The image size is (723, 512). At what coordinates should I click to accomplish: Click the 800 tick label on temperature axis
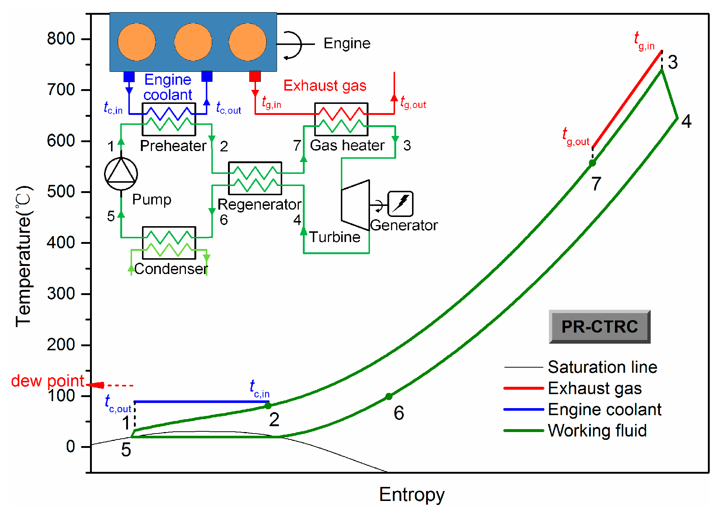[61, 39]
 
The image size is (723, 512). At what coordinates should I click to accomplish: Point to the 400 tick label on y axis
[61, 243]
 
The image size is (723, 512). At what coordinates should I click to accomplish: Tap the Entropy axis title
[412, 494]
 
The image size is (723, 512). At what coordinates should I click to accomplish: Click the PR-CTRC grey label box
[599, 327]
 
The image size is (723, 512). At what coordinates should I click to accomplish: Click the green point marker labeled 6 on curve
[389, 397]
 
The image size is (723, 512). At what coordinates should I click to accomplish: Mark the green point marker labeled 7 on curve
[592, 163]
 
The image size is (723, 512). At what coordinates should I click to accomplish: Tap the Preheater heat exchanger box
[169, 119]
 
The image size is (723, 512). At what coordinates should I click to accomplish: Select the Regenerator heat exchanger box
[255, 178]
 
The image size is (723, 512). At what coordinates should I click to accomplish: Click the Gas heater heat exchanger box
[341, 119]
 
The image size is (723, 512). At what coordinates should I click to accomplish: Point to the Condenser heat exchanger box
[169, 243]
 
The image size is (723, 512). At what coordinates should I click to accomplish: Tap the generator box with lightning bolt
[400, 204]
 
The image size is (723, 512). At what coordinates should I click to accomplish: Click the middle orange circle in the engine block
[193, 42]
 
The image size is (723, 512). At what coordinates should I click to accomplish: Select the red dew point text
[48, 381]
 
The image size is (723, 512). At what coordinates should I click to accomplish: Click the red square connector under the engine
[255, 76]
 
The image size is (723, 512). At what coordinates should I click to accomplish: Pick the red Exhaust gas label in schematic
[325, 85]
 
